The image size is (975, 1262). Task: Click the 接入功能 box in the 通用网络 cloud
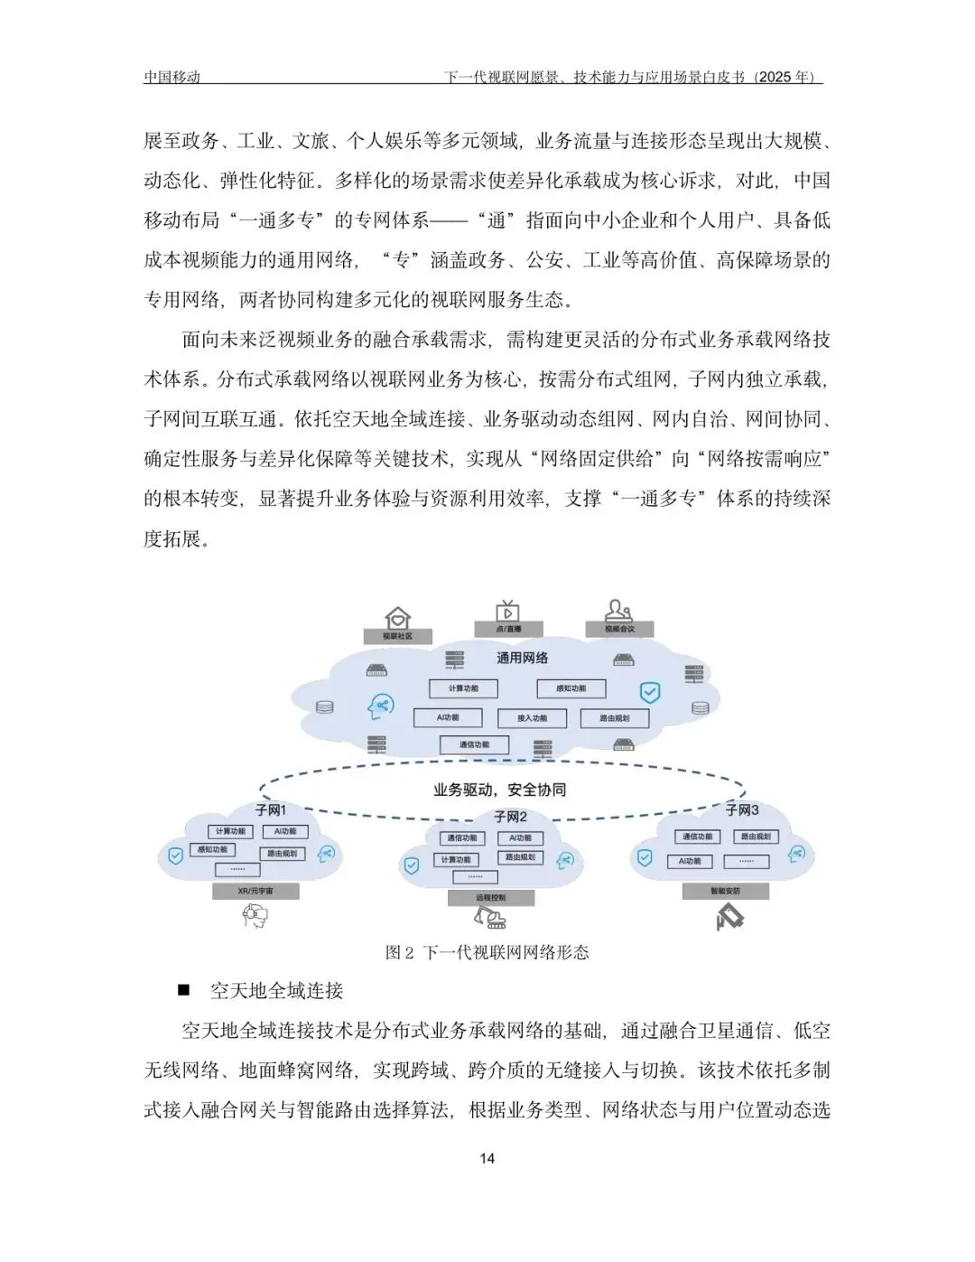coord(533,718)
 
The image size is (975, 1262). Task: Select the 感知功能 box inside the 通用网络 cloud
coord(571,688)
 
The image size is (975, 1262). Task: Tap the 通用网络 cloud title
coord(522,658)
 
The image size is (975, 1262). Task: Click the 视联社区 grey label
coord(397,636)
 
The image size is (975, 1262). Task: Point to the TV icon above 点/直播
coord(508,612)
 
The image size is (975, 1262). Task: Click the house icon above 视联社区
coord(397,619)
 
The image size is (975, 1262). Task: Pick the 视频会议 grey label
coord(619,629)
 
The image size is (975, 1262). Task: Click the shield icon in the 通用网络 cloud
coord(650,693)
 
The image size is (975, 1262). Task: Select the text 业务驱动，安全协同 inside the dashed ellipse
coord(499,790)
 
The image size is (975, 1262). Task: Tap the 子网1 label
coord(270,810)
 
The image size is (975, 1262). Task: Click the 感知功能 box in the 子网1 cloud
coord(213,850)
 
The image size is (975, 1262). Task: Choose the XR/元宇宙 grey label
coord(255,892)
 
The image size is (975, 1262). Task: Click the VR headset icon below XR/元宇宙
coord(255,916)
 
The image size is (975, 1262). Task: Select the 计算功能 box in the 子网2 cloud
coord(456,860)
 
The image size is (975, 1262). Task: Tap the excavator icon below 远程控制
coord(490,919)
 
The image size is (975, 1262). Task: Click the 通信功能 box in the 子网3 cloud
coord(697,837)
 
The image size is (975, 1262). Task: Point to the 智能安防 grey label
coord(725,892)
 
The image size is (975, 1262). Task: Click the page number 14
coord(487,1159)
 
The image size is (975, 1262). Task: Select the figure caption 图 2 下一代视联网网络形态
coord(487,952)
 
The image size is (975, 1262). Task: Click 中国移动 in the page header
coord(172,77)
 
